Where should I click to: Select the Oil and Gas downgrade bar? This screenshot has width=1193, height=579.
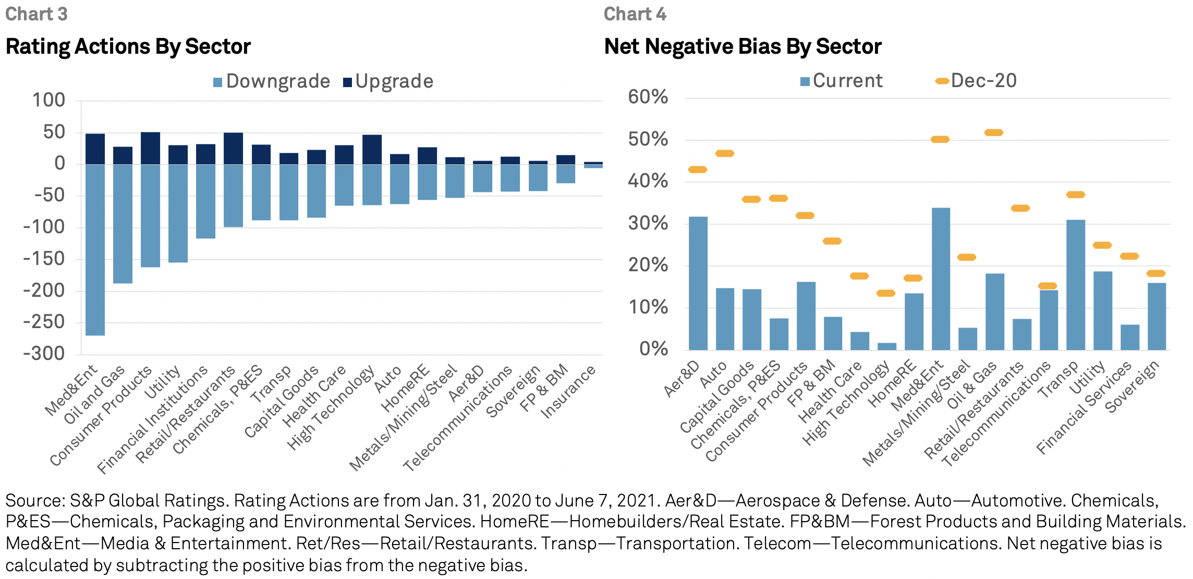coord(123,224)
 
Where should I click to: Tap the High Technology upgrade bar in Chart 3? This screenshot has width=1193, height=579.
coord(372,150)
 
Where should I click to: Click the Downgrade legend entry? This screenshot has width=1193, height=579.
coord(272,81)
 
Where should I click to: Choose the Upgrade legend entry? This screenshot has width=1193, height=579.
coord(388,81)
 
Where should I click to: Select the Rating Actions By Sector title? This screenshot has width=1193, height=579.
coord(128,46)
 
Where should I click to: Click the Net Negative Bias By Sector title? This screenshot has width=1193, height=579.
coord(742,46)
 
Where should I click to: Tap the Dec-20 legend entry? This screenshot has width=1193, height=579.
coord(976,81)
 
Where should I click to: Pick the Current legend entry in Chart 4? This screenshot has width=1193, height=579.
coord(842,81)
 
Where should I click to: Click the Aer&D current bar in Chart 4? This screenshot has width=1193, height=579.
coord(698,283)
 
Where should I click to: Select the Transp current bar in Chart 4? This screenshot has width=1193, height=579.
coord(1076,284)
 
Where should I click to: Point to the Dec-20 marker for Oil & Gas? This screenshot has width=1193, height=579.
coord(994,132)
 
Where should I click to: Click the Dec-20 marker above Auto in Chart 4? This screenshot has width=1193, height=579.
coord(725,153)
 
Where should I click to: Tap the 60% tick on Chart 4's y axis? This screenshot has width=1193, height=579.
coord(648,97)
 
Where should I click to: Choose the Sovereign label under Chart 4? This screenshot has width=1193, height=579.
coord(1132,387)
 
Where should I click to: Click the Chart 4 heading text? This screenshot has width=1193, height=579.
coord(635,14)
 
